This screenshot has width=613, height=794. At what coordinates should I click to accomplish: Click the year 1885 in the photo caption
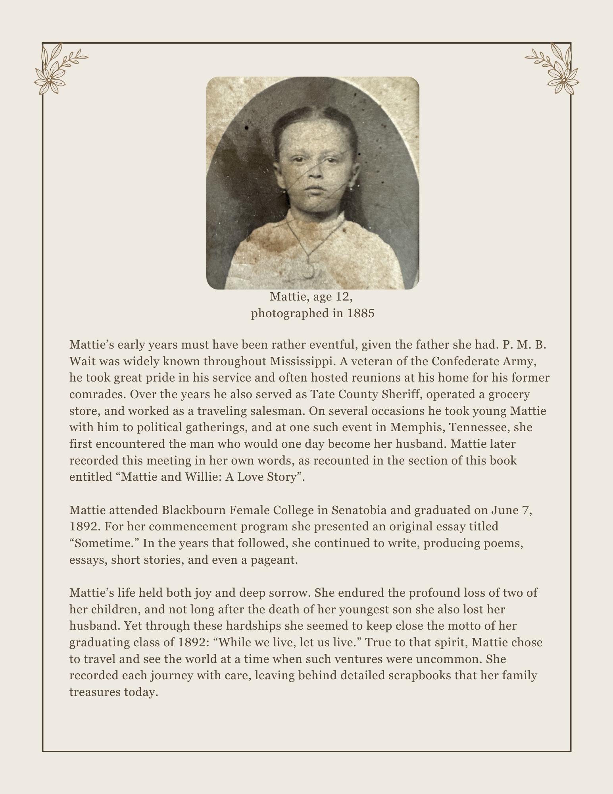tap(361, 314)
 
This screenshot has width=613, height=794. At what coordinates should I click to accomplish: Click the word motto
tap(471, 626)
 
